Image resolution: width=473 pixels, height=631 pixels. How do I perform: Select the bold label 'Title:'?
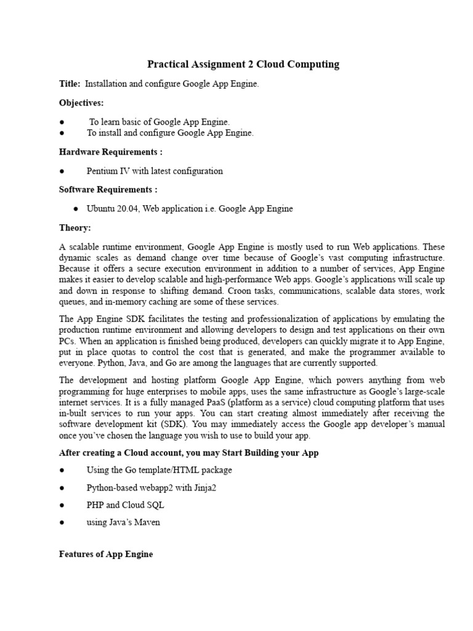tap(70, 84)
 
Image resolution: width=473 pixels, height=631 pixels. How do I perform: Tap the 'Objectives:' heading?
tap(81, 102)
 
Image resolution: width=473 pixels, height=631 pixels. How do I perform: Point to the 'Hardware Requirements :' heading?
tap(110, 152)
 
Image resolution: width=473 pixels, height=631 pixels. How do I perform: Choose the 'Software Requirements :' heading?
tap(108, 189)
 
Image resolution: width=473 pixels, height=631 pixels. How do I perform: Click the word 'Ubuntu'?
tap(101, 209)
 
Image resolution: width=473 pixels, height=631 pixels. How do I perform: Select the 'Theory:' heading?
tap(75, 227)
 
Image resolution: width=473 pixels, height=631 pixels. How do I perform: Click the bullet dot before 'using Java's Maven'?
tap(62, 523)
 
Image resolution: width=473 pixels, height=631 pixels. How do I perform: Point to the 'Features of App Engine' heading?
tap(106, 554)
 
